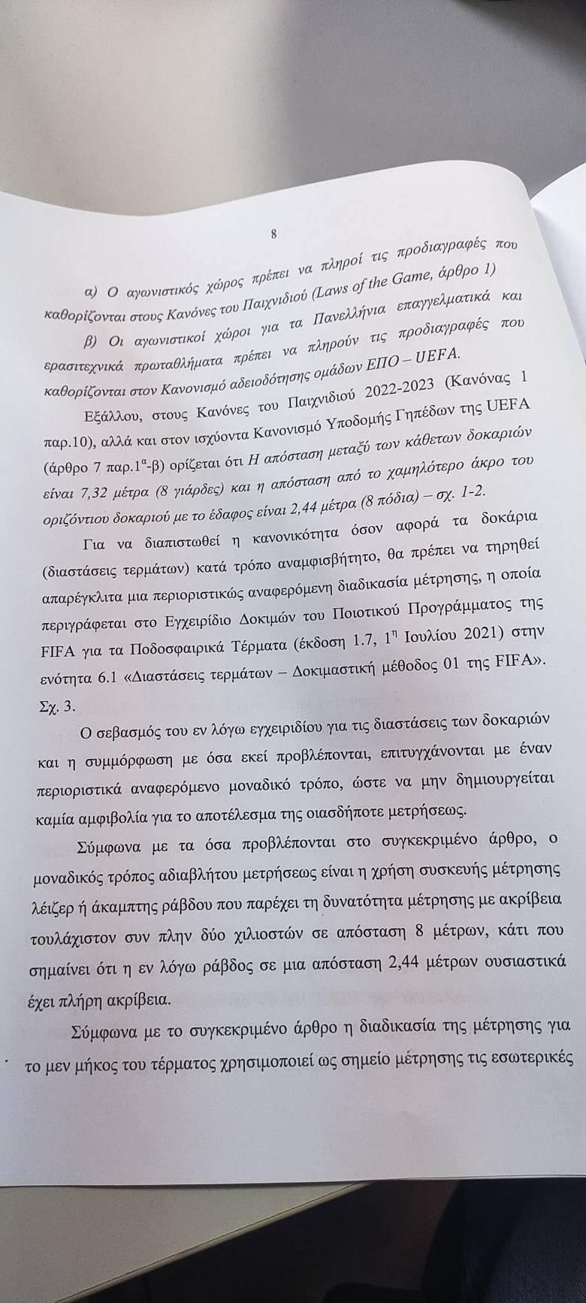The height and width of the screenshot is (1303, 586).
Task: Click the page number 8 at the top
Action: tap(273, 234)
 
